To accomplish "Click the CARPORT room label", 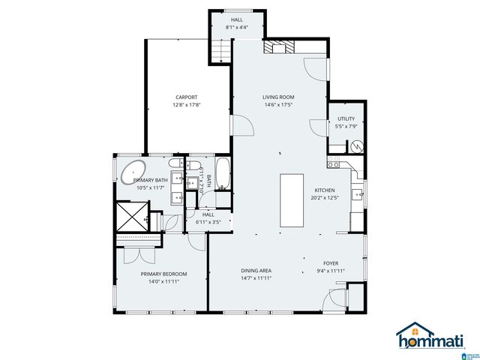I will click(187, 97).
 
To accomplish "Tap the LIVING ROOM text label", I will click(277, 97).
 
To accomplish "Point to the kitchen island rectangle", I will click(292, 199).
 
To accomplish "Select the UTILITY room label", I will click(346, 118).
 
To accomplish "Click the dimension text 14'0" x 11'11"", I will click(163, 283).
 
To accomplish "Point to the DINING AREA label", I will click(256, 271).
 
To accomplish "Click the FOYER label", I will click(331, 263).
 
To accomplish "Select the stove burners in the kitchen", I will click(334, 166).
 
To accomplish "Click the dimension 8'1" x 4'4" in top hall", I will click(237, 27).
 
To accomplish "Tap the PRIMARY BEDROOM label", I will click(163, 274).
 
